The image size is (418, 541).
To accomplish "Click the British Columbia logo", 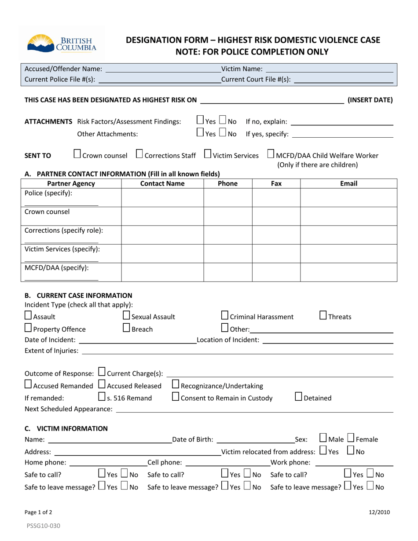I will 62,43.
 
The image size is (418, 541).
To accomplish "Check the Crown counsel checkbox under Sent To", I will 77,154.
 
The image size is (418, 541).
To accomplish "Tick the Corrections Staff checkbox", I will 139,154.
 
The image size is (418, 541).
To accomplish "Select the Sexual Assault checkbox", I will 126,315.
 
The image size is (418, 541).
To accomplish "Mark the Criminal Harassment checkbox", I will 224,315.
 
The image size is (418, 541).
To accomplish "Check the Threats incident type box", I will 323,315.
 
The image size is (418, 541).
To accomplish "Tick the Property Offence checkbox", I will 28,328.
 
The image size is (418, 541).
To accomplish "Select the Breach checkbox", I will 126,328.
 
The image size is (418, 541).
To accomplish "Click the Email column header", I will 348,183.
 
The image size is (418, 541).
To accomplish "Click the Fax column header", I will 276,183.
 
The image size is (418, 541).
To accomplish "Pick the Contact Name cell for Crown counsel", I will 162,216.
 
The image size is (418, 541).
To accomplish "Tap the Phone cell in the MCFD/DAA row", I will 227,272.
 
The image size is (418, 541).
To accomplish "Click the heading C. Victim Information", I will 66,428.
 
